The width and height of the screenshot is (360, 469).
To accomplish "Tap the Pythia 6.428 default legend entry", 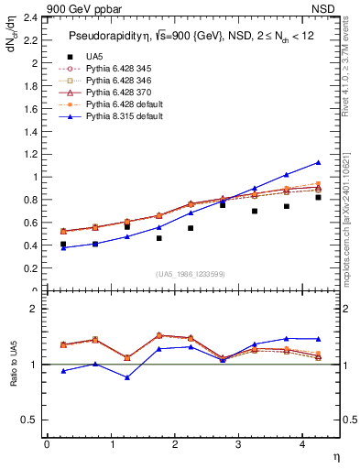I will point(126,104).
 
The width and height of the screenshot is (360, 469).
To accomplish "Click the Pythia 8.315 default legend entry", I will point(126,116).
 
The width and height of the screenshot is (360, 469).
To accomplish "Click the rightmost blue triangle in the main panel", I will point(318,162).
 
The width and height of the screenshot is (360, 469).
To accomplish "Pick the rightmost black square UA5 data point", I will point(318,197).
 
